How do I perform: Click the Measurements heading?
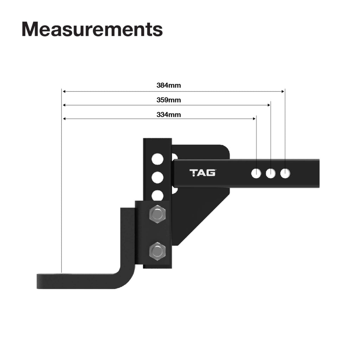(92, 29)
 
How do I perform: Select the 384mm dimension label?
(169, 85)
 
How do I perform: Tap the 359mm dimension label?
(169, 100)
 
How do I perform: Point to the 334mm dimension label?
(169, 115)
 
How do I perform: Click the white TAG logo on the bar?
(202, 173)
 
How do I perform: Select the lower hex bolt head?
(157, 251)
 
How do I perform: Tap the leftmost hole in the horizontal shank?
(256, 173)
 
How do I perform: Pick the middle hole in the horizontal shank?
(270, 173)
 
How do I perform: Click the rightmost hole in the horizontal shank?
(285, 173)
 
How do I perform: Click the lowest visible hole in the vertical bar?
(157, 195)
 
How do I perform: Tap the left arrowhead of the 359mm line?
(64, 105)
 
